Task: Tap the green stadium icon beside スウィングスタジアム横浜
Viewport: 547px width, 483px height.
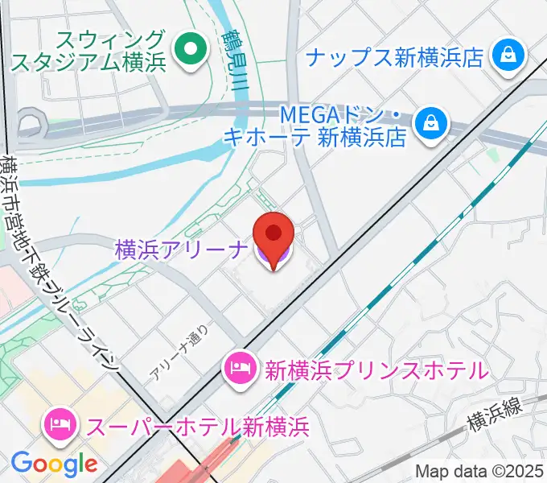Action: (x=191, y=50)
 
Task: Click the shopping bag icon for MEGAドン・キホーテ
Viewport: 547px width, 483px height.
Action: (x=432, y=123)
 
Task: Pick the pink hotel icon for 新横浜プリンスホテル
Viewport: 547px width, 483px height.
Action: (x=241, y=369)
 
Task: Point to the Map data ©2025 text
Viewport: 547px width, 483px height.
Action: (x=479, y=471)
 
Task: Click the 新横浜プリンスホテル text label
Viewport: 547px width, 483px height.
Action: (x=376, y=370)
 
